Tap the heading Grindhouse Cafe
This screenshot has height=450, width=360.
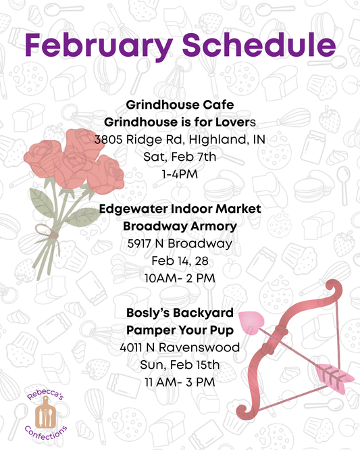tap(179, 105)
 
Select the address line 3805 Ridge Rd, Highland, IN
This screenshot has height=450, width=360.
tap(179, 141)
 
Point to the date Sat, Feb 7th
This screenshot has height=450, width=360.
tap(179, 158)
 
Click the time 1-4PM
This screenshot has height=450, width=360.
tap(179, 175)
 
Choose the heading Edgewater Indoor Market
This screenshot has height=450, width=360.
tap(179, 209)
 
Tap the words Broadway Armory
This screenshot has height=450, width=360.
tap(179, 226)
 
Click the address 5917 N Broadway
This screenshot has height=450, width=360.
tap(179, 244)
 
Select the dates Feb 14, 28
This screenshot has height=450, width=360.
tap(179, 261)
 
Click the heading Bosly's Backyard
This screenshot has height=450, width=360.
tap(179, 313)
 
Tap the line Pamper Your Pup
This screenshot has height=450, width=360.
tap(179, 330)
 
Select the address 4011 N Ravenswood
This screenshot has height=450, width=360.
tap(179, 347)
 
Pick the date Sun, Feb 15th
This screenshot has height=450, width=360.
tap(179, 365)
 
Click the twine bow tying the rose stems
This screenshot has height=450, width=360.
tap(49, 233)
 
